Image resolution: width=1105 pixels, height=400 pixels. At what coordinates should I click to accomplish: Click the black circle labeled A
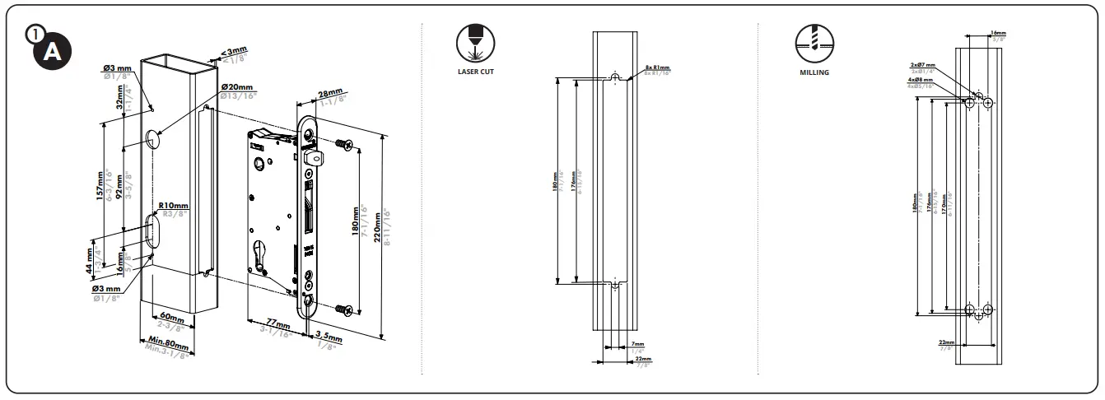point(51,49)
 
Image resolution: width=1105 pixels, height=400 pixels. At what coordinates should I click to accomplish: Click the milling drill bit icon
point(814,41)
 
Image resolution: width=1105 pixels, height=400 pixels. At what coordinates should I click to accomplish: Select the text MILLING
point(814,72)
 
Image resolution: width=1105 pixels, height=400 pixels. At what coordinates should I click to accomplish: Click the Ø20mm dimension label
point(237,87)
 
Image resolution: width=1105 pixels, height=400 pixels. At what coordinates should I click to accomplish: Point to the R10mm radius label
point(174,205)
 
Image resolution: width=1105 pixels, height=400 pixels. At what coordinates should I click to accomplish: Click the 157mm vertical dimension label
point(100,185)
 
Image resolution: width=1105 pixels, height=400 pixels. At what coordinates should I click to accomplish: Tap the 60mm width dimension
point(171,316)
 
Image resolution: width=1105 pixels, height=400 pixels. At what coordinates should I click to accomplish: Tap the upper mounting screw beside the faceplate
point(344,146)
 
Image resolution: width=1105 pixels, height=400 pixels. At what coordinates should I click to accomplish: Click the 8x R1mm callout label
point(658,67)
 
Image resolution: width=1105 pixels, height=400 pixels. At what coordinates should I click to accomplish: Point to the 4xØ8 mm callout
point(921,80)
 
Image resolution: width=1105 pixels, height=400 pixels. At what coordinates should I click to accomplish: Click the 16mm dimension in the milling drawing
point(998,33)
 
